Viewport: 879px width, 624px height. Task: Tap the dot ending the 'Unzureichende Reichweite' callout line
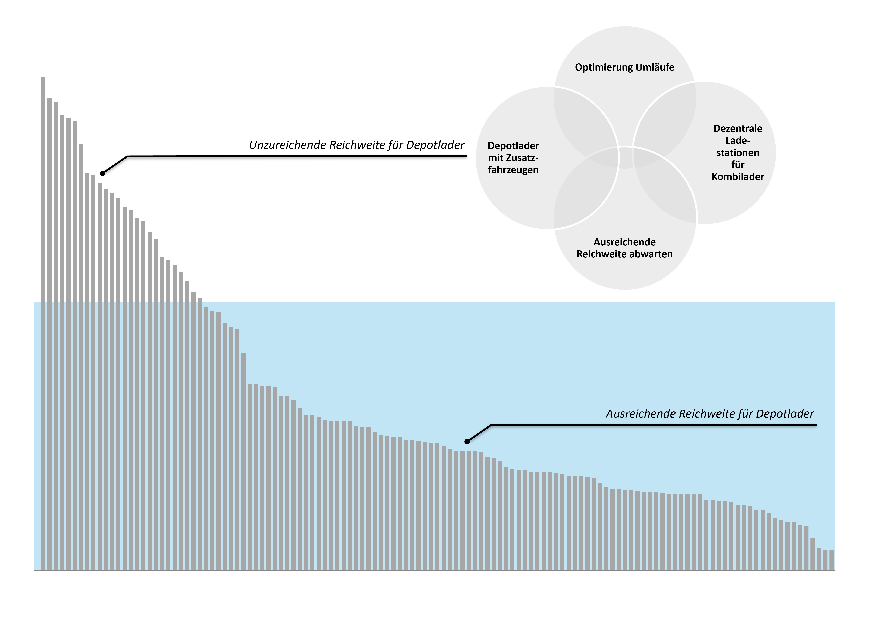pos(103,173)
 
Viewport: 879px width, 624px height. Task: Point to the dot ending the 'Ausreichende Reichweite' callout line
pos(467,442)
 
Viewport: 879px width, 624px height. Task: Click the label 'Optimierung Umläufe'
pos(625,68)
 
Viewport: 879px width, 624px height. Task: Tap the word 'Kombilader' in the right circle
pos(738,177)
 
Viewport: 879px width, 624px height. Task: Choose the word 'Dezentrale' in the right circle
pos(738,128)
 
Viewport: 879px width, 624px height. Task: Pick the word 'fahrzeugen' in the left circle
pos(513,170)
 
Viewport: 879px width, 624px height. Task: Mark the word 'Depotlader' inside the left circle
pos(513,146)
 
